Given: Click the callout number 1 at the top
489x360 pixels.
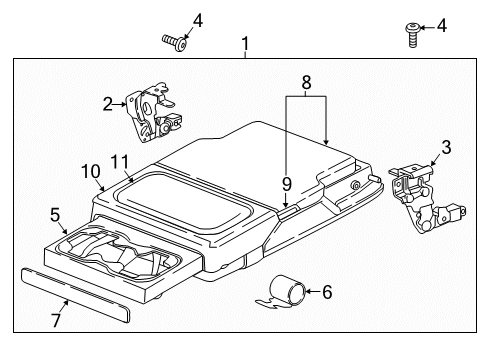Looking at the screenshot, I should click(244, 44).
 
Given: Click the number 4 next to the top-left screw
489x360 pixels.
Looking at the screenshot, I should click(198, 20).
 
